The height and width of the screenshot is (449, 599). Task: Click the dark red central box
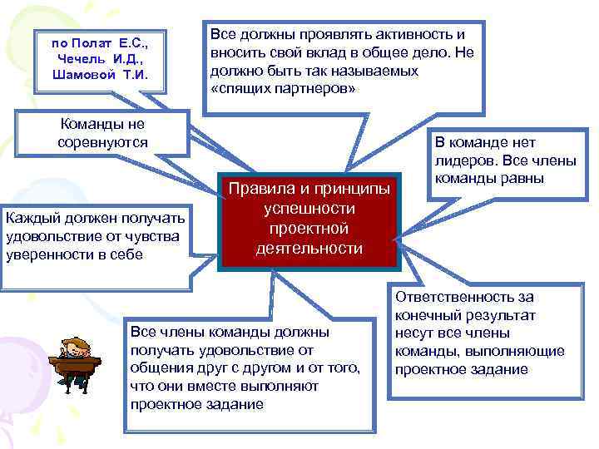(309, 220)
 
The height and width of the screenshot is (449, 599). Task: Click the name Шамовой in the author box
(80, 74)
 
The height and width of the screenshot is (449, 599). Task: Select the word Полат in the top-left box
(93, 41)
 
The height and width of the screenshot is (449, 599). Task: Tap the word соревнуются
(102, 143)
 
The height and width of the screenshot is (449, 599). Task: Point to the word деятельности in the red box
(309, 249)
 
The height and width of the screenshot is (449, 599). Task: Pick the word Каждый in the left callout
(29, 218)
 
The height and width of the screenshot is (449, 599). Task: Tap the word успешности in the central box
(309, 209)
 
